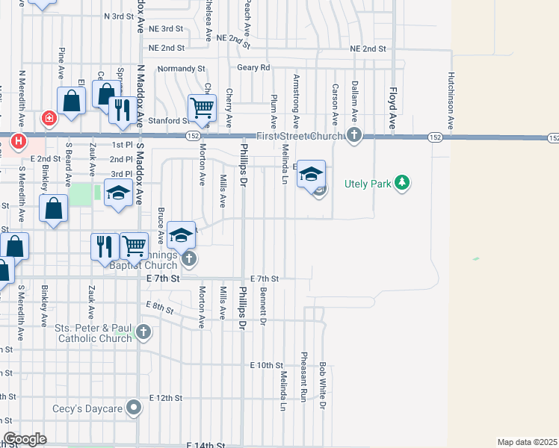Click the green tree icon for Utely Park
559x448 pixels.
click(402, 183)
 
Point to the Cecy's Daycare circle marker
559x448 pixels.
click(135, 408)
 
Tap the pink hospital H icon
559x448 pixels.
click(18, 140)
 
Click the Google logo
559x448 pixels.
click(25, 439)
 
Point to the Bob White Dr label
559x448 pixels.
click(323, 385)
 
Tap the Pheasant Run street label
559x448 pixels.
click(304, 374)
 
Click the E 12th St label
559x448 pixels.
click(166, 398)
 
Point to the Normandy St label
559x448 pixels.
click(181, 69)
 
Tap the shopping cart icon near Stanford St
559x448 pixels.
click(202, 108)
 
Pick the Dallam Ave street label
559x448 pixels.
click(354, 103)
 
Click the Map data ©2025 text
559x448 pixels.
click(527, 442)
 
